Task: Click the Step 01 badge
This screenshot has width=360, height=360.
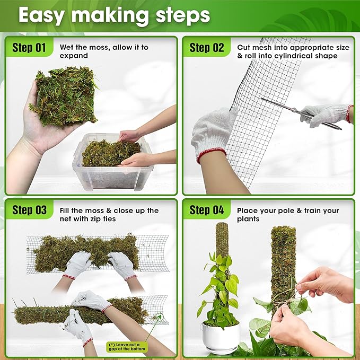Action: tap(30, 48)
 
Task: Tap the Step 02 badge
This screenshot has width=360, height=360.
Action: tap(207, 48)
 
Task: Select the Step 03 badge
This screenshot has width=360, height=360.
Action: tap(30, 210)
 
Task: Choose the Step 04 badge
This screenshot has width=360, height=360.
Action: tap(207, 210)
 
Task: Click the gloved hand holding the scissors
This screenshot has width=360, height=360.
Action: tap(326, 113)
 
